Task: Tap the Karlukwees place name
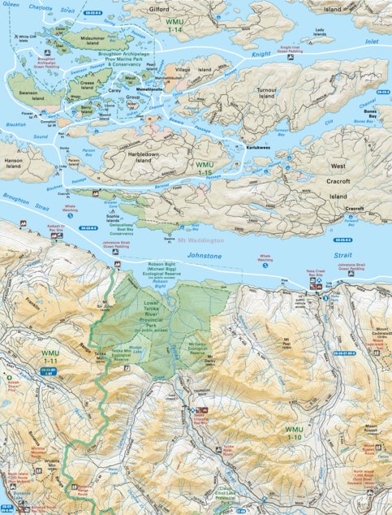[258, 148]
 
